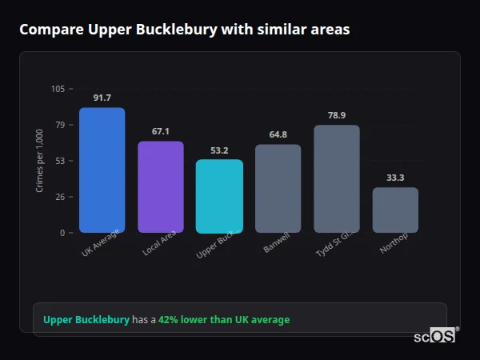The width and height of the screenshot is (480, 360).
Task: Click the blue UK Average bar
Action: click(102, 170)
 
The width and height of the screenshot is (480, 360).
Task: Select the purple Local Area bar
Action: click(161, 187)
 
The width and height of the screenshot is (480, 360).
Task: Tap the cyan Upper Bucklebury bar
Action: click(219, 196)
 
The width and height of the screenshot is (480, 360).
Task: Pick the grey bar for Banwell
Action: click(278, 189)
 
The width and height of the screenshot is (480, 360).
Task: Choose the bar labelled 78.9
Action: click(337, 179)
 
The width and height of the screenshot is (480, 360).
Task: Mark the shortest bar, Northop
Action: click(395, 210)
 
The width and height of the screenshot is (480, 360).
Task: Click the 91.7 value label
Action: click(102, 98)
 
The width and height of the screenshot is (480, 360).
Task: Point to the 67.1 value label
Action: click(161, 131)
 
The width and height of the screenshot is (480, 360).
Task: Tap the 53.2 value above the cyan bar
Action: click(219, 150)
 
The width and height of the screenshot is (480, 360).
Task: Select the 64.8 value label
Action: click(278, 134)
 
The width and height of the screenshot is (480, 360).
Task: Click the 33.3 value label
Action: click(395, 178)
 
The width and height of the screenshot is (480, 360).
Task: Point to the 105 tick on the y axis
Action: click(58, 89)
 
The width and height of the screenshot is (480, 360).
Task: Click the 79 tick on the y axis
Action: click(60, 125)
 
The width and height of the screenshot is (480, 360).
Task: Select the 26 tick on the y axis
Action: click(60, 197)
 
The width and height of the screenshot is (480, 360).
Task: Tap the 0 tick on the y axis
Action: click(62, 233)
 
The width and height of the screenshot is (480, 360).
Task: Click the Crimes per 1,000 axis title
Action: click(40, 161)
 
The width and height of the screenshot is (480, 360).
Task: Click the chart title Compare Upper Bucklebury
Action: click(184, 30)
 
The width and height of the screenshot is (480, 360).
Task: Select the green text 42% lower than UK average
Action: click(224, 320)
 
